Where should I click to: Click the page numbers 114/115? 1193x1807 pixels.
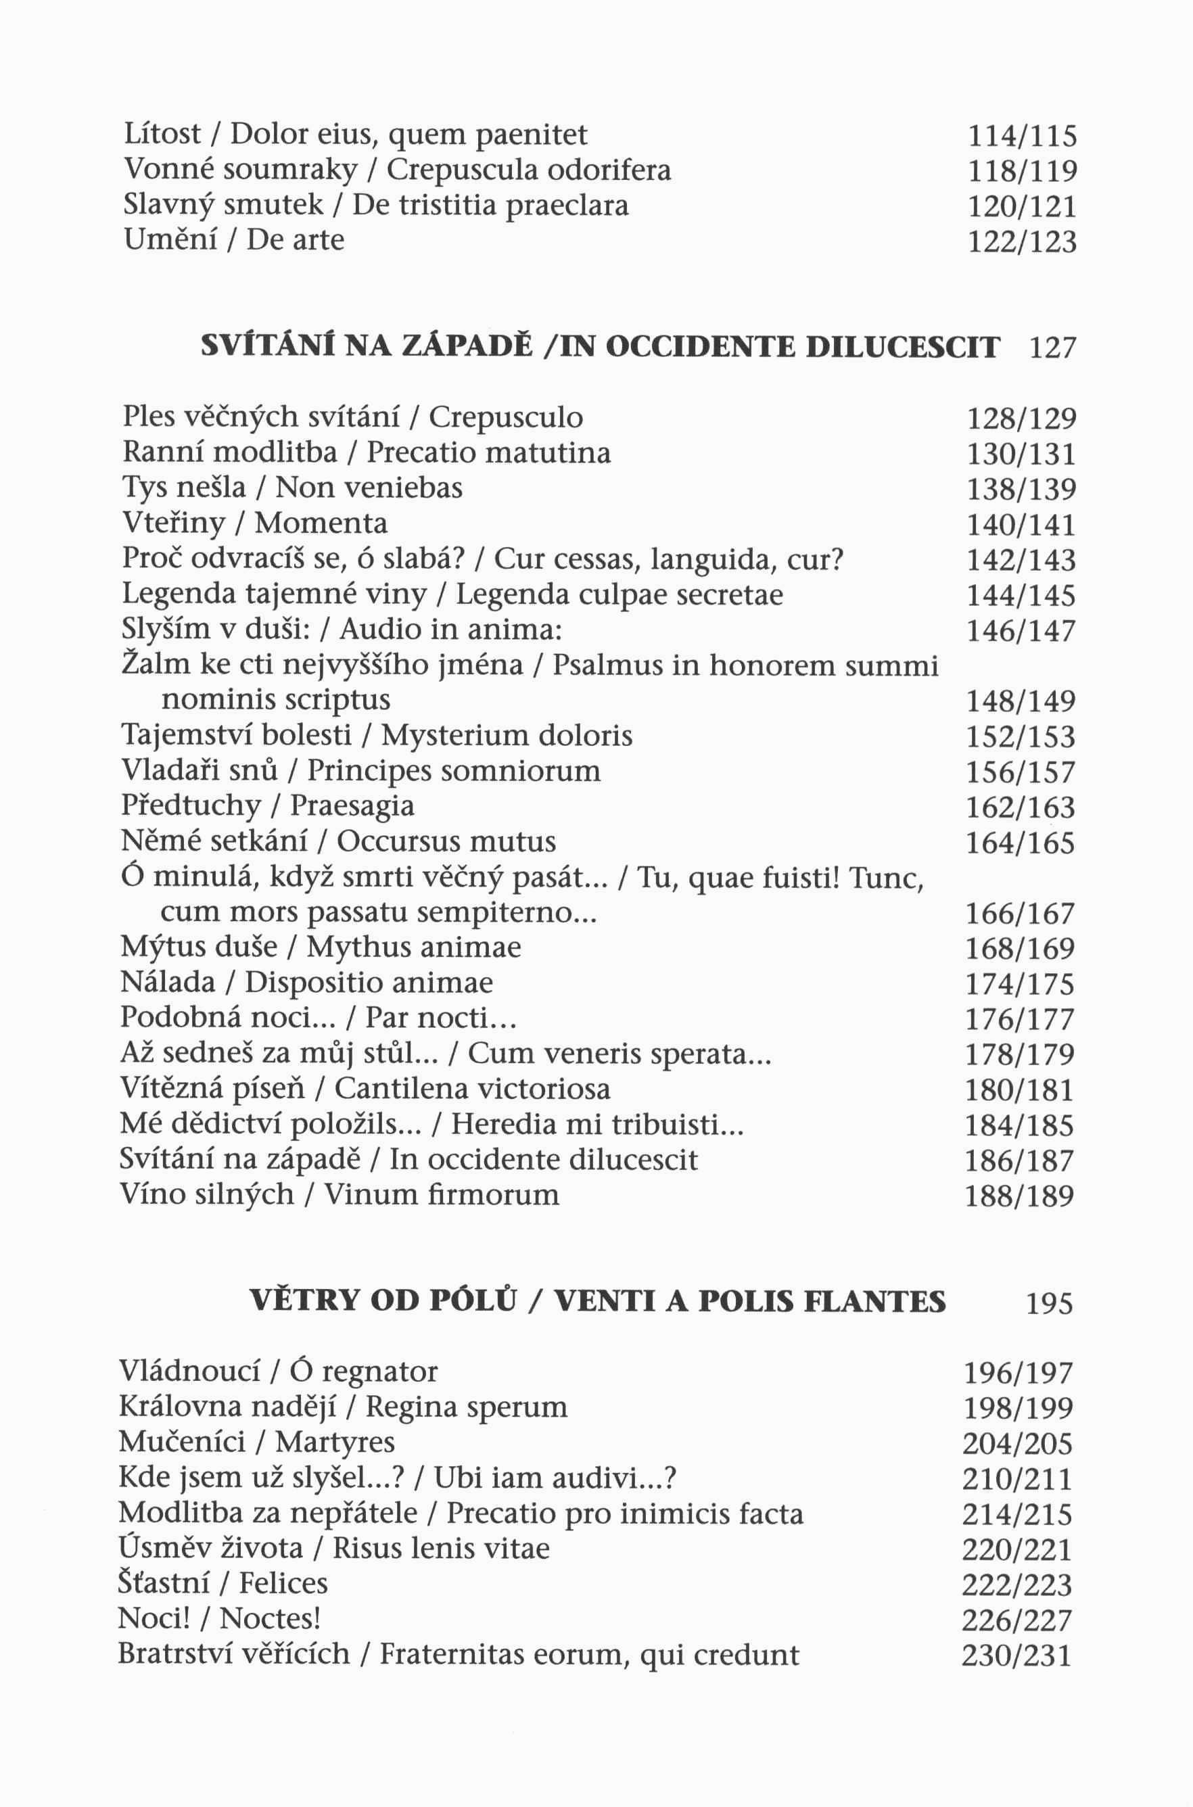coord(1022,137)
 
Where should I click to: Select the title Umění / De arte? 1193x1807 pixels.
coord(233,241)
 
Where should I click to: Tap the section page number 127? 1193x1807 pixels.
coord(1053,348)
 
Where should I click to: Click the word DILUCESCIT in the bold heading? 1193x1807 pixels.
coord(902,348)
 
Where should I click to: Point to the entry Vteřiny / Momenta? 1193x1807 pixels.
coord(255,523)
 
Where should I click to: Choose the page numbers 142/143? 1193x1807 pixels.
coord(1021,561)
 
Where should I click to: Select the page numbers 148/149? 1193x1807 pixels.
coord(1021,701)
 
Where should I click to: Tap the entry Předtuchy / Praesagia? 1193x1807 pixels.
coord(268,805)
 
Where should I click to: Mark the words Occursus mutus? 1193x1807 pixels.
coord(446,841)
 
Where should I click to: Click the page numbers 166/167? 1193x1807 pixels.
coord(1021,913)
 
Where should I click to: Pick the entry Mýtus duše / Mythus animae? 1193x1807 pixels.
coord(321,948)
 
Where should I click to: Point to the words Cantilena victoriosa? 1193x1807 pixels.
coord(472,1089)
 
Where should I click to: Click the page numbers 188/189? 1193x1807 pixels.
coord(1020,1196)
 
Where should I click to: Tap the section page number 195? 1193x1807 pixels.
coord(1049,1305)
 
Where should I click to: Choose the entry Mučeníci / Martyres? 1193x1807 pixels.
coord(257,1442)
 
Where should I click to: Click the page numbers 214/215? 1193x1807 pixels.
coord(1017,1515)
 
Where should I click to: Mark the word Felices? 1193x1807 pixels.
coord(283,1583)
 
